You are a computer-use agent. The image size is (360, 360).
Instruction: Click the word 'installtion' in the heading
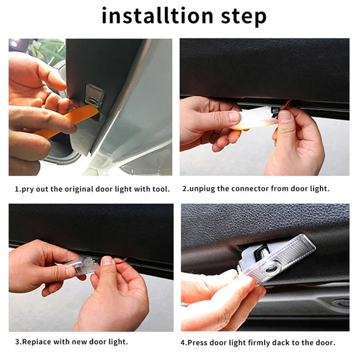pyautogui.click(x=157, y=15)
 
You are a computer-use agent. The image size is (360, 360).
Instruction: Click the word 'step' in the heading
pyautogui.click(x=243, y=17)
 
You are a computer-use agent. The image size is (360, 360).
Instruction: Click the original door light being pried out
pyautogui.click(x=95, y=94)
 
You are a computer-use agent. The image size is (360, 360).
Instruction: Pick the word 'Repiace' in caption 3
pyautogui.click(x=37, y=342)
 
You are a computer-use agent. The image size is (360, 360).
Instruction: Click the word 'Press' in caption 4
pyautogui.click(x=198, y=343)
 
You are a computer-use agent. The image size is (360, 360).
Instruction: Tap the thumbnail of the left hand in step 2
pyautogui.click(x=234, y=117)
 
